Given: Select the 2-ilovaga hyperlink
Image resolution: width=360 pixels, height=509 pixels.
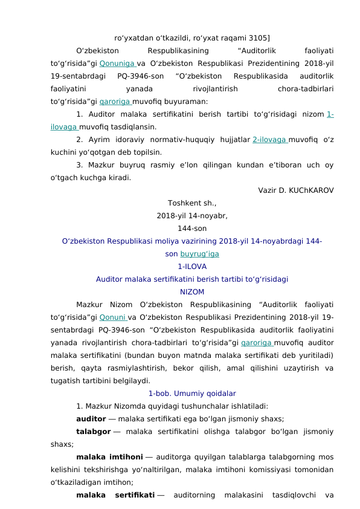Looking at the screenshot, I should pos(269,140).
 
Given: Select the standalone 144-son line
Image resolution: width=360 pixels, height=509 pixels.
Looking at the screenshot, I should pos(192,229).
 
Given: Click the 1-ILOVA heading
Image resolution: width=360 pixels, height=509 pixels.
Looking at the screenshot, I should pos(192,267).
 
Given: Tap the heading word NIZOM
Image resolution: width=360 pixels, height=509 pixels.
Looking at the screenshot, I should pos(192,292).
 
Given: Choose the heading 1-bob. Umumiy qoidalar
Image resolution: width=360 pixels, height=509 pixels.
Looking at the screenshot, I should pos(192,394).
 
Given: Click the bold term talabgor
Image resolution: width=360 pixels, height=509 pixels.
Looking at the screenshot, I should pos(93,432).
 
